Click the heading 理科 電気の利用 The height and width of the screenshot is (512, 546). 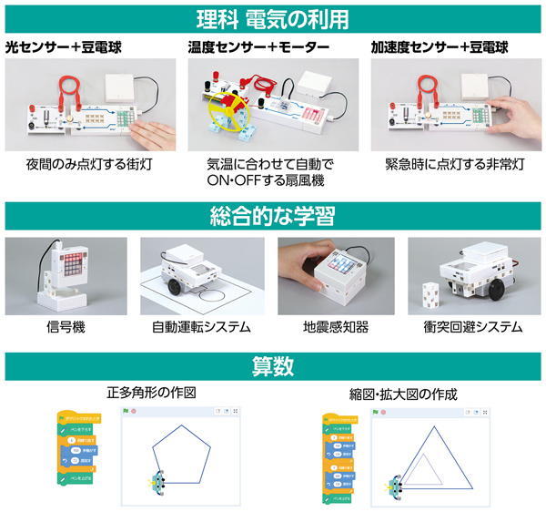[273, 17]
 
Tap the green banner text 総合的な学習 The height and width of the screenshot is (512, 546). [273, 217]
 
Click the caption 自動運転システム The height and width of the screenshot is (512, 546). [202, 326]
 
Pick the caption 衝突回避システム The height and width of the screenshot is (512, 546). [473, 326]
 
